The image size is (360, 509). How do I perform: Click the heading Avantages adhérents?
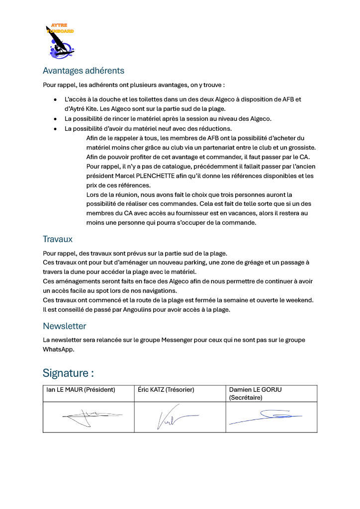[x=84, y=71]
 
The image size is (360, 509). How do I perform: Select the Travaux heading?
[x=58, y=239]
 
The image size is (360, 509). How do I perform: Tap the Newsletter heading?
[x=64, y=326]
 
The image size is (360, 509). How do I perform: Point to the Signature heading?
[x=68, y=373]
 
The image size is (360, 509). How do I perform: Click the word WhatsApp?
[x=58, y=349]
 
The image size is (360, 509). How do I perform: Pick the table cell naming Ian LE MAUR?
[x=81, y=390]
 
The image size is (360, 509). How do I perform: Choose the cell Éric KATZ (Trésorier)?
[x=166, y=390]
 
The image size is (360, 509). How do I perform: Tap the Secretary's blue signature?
[x=266, y=416]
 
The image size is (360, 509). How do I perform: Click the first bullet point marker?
[x=55, y=99]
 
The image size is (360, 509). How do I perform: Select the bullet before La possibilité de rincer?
[x=55, y=119]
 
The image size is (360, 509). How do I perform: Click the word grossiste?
[x=300, y=147]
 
